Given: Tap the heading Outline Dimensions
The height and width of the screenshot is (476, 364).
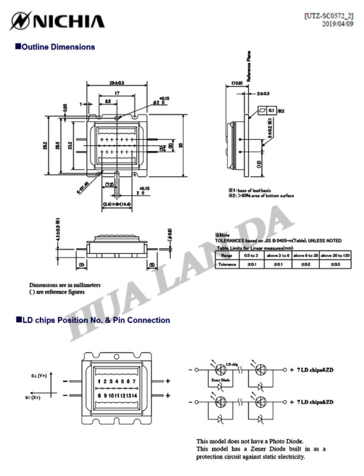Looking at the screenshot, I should click(x=58, y=46).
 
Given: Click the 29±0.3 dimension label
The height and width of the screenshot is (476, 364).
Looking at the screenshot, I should click(x=117, y=82).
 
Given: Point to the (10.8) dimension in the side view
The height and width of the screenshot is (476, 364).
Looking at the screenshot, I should click(x=237, y=83).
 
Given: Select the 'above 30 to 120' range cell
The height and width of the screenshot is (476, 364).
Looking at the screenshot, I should click(x=335, y=255).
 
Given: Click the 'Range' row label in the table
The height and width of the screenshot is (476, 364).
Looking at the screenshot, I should click(x=227, y=255).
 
